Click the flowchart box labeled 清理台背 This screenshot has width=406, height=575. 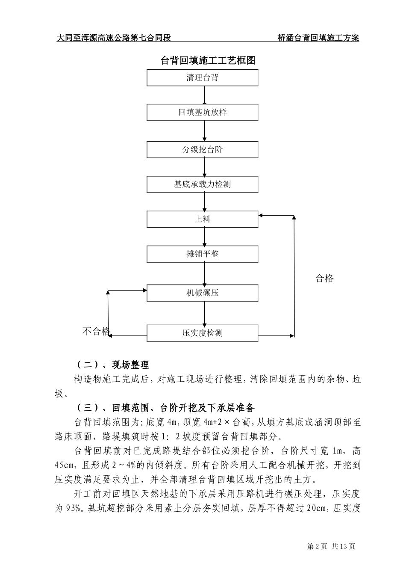[203, 78]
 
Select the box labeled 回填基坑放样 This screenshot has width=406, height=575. [203, 113]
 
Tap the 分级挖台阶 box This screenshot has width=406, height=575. [203, 150]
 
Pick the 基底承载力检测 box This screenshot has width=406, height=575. [203, 184]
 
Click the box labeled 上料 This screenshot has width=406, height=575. [203, 219]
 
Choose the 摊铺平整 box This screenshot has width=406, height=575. [203, 254]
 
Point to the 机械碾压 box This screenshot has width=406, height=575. [203, 293]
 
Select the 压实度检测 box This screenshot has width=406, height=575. [203, 333]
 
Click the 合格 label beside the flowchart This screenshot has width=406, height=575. [324, 279]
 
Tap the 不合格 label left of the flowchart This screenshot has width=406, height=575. [96, 331]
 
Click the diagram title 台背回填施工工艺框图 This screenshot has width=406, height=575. [208, 60]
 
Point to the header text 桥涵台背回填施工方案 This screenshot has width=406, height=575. [318, 38]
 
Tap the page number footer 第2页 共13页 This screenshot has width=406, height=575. [331, 546]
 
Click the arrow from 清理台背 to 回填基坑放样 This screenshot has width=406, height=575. [204, 95]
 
